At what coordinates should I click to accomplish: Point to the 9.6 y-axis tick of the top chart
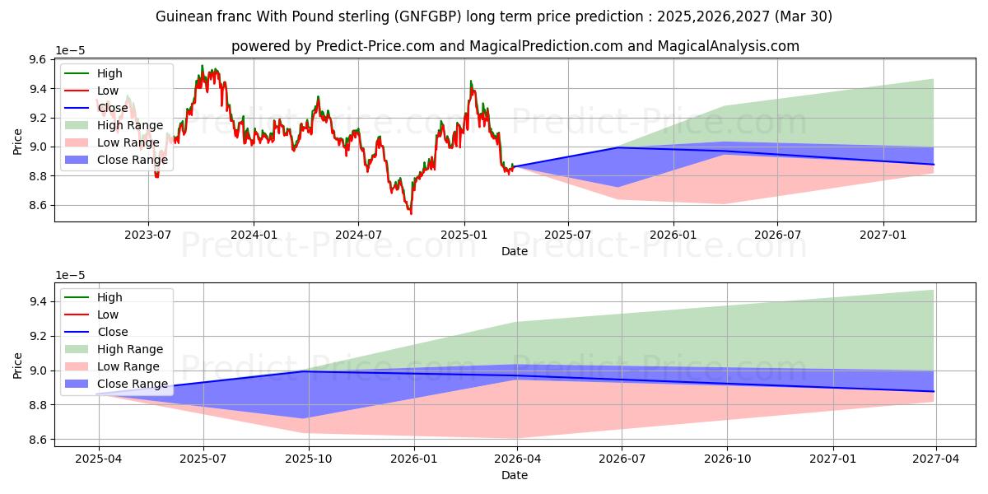(38, 59)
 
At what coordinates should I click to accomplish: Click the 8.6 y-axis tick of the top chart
(38, 205)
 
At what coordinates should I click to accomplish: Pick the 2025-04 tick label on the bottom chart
(99, 459)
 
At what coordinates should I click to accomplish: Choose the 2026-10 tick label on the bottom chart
(729, 459)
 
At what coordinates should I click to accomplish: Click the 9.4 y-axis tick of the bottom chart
(38, 301)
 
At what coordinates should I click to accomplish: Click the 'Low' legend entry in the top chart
(108, 91)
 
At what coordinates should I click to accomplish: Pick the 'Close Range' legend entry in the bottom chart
(133, 384)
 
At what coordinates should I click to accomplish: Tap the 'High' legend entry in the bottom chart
(110, 297)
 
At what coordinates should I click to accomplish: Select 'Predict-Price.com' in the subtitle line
(375, 46)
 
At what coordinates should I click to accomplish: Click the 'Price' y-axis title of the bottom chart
(18, 365)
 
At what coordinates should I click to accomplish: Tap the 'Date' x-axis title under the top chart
(515, 251)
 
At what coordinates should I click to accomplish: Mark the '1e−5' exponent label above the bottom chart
(71, 275)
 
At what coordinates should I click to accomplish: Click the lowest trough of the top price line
(411, 214)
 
